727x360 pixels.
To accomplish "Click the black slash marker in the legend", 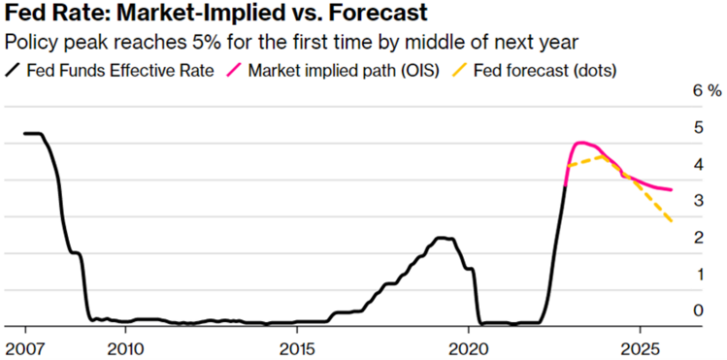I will pyautogui.click(x=15, y=70).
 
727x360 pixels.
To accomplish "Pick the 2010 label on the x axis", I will pyautogui.click(x=125, y=347).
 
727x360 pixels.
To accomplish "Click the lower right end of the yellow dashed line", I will pyautogui.click(x=672, y=222).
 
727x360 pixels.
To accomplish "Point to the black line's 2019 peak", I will pyautogui.click(x=442, y=238).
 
